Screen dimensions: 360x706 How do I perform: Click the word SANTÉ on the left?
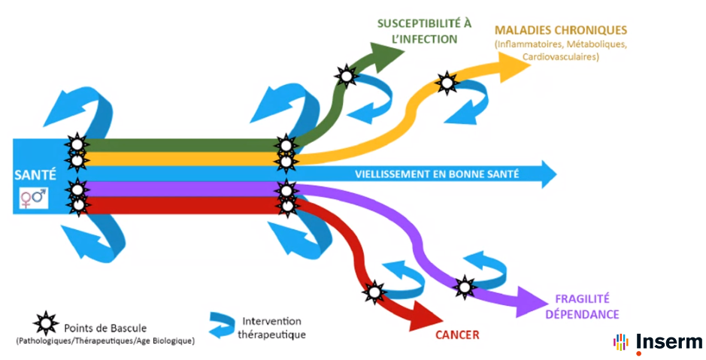[x=35, y=174]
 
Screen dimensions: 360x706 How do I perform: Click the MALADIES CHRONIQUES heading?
[x=560, y=31]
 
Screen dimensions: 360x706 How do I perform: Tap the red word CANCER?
[x=457, y=335]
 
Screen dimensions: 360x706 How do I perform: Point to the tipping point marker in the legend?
[x=46, y=324]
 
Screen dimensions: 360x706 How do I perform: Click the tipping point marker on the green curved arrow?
[x=346, y=75]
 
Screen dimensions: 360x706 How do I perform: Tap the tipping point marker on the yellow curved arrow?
[x=447, y=82]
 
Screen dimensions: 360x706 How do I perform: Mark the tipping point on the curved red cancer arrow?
[x=374, y=290]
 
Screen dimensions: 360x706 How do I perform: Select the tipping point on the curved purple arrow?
[x=465, y=286]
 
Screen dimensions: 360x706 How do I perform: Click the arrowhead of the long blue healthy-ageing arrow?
[x=549, y=174]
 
